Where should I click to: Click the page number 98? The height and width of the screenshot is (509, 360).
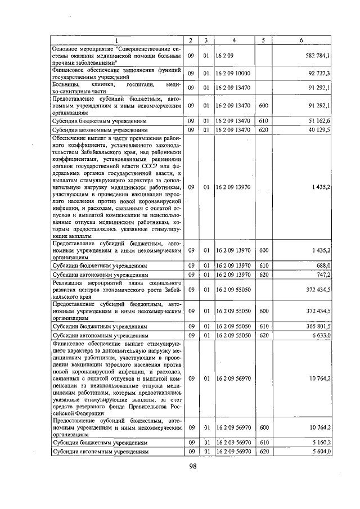[192, 466]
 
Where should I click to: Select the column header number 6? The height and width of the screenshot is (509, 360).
[301, 40]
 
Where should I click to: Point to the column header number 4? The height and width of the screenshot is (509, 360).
[233, 40]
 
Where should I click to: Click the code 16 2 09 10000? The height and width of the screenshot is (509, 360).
[232, 74]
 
